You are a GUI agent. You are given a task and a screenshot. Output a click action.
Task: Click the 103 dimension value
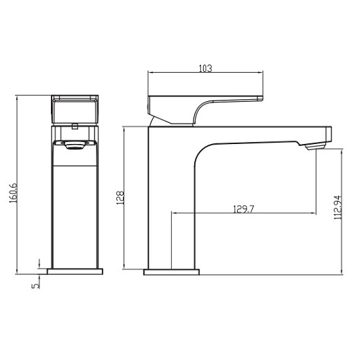[206, 68]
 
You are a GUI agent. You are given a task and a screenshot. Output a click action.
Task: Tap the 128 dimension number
[120, 198]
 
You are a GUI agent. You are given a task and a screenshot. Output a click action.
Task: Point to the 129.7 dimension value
[242, 209]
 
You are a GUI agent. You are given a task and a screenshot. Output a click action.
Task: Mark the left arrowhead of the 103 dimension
[151, 73]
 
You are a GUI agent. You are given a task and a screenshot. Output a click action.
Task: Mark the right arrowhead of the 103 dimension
[262, 73]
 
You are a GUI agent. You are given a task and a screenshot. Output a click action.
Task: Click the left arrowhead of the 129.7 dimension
[174, 213]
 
